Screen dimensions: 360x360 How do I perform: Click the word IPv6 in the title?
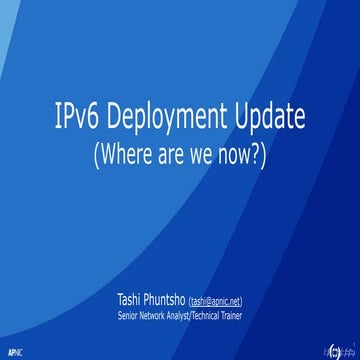(73, 121)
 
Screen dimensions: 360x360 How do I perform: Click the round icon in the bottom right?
(334, 350)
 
